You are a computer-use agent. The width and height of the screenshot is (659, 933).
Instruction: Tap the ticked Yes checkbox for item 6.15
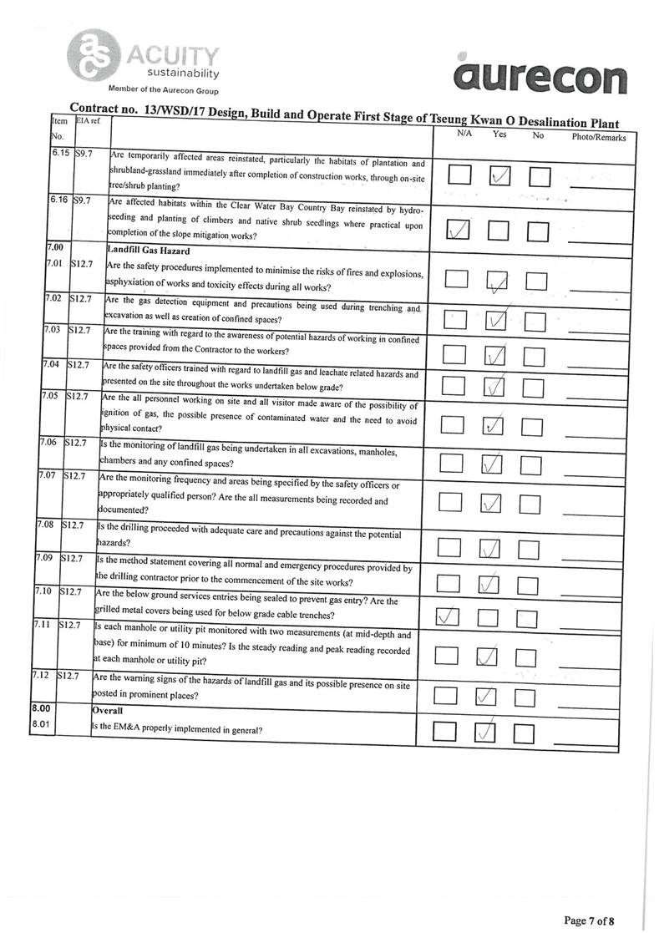coord(499,176)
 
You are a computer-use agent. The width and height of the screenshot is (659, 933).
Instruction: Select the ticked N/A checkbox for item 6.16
coord(458,229)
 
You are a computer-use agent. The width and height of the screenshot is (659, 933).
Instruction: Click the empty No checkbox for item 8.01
coord(524,733)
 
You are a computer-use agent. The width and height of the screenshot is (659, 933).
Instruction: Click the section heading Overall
coord(109,709)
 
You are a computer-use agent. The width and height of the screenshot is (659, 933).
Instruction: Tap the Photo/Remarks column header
coord(598,136)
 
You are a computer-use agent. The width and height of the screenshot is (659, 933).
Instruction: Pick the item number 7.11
coord(41,626)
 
